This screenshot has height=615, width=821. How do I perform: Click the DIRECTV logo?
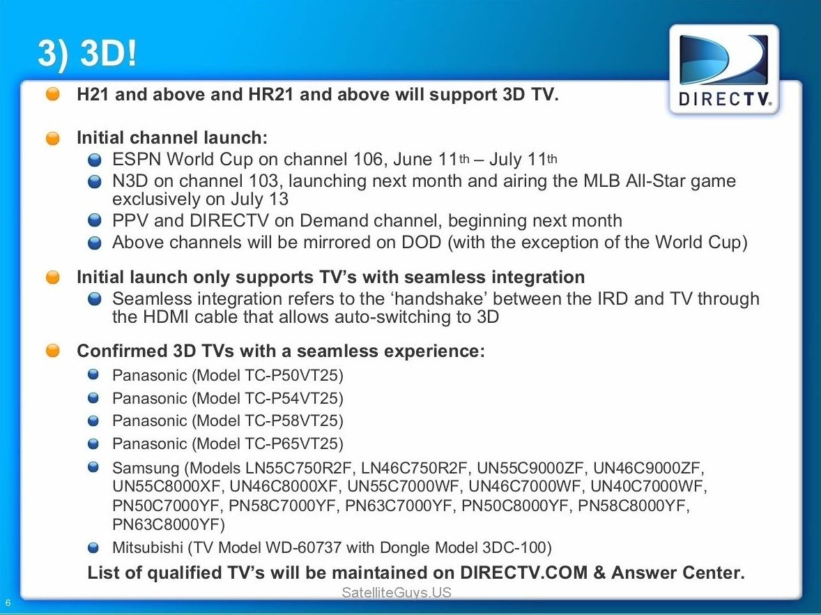(724, 70)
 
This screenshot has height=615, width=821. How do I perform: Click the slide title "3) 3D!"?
(87, 52)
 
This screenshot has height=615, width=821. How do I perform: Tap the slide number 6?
(8, 603)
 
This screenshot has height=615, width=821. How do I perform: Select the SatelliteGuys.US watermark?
(397, 593)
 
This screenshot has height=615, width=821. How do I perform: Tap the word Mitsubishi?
(147, 547)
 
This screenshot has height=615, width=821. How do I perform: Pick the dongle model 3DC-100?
(512, 547)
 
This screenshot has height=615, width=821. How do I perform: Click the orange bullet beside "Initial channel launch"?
(53, 138)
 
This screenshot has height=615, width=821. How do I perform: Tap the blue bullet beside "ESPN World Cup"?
(95, 160)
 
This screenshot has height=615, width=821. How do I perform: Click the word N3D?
(130, 181)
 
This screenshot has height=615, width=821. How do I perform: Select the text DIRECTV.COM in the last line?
(523, 572)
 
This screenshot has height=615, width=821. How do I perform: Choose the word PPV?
(130, 220)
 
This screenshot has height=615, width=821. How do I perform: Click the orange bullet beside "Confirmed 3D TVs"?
(53, 351)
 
